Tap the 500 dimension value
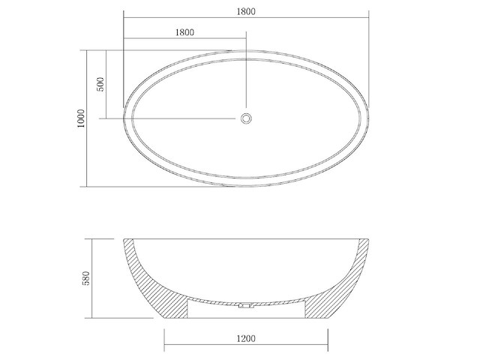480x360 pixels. point(100,84)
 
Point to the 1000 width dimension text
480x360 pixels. point(81,118)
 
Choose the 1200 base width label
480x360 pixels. point(246,338)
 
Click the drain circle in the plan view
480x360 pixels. point(246,118)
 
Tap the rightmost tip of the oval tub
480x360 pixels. point(370,118)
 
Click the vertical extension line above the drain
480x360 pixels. point(246,75)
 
